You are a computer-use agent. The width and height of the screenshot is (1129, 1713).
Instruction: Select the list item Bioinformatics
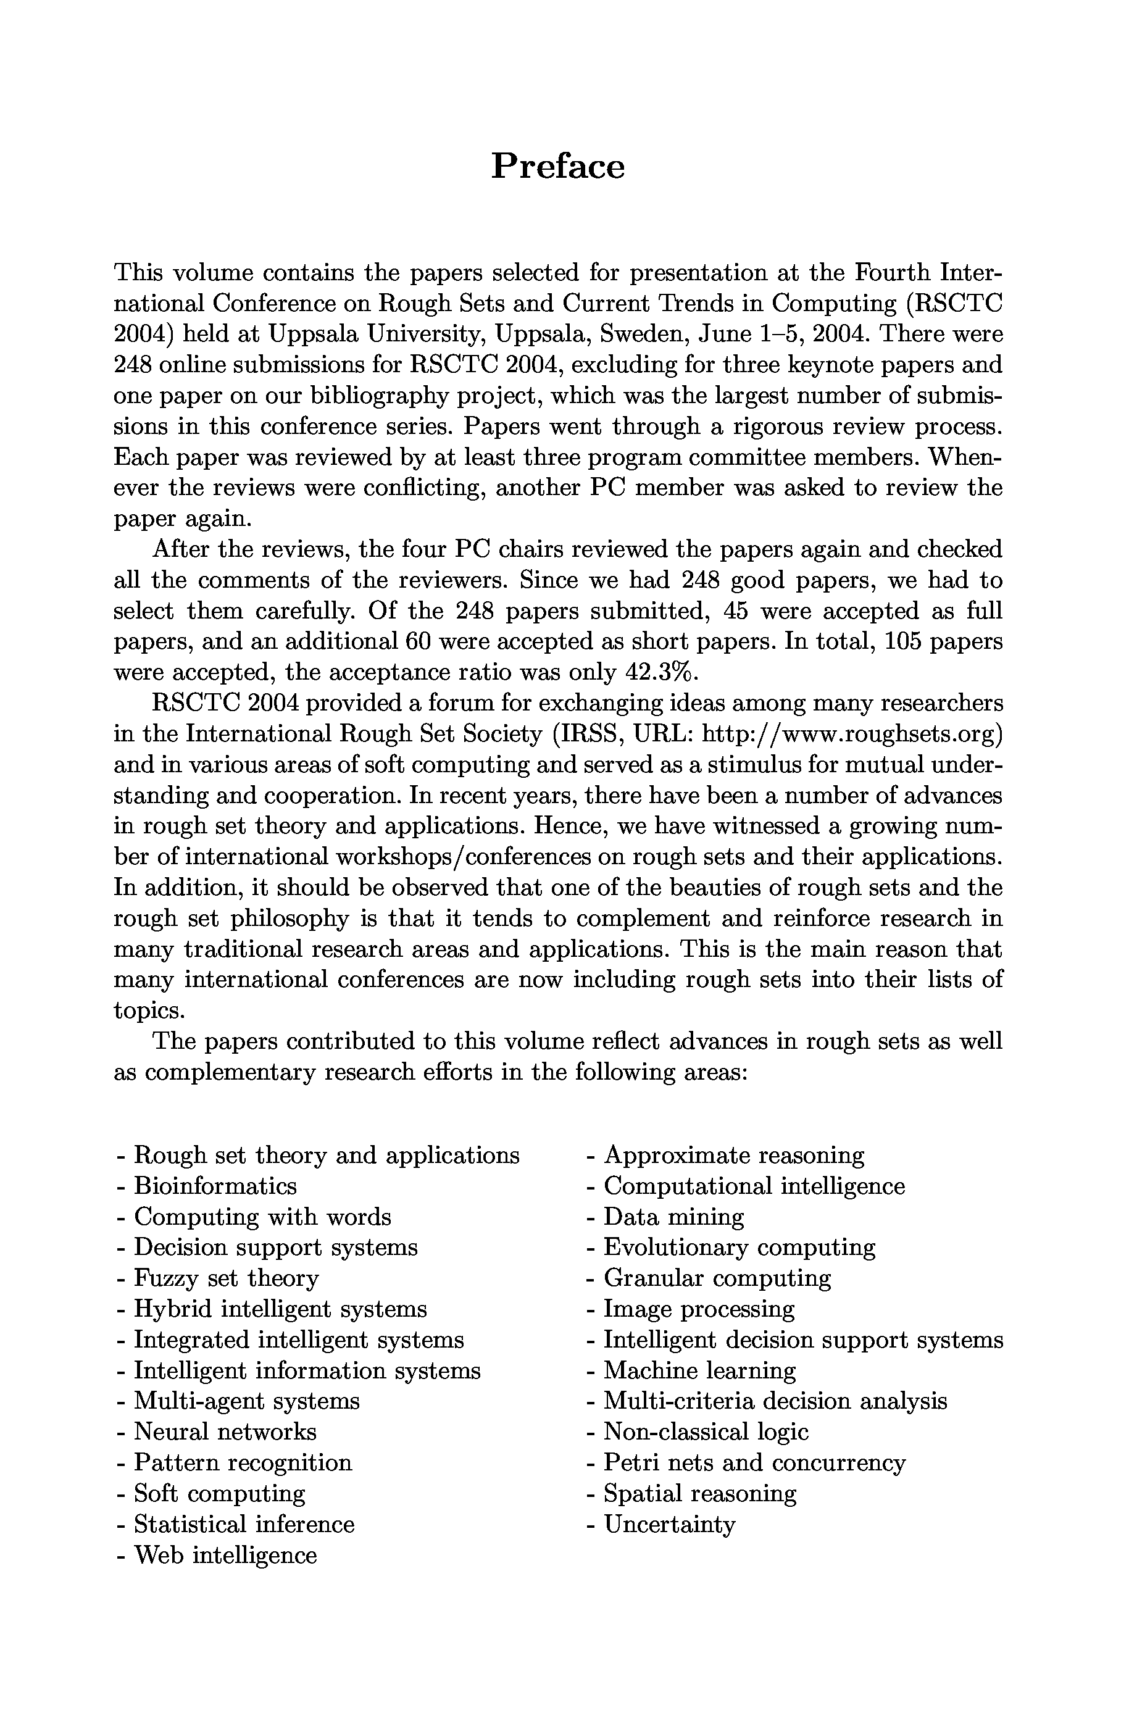[x=215, y=1186]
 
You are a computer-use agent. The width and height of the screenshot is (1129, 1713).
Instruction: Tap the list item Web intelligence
[x=225, y=1556]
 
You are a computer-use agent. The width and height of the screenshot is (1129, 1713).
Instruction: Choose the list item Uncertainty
[x=670, y=1524]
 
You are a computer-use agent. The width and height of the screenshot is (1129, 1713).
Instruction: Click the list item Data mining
[x=673, y=1217]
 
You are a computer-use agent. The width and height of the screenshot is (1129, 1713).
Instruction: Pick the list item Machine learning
[x=699, y=1370]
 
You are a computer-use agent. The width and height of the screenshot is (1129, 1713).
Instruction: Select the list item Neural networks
[x=225, y=1432]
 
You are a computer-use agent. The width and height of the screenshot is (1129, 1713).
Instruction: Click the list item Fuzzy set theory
[x=226, y=1278]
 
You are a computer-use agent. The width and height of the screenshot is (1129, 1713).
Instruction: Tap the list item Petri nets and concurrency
[x=754, y=1462]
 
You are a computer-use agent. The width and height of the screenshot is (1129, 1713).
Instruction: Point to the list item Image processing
[x=698, y=1309]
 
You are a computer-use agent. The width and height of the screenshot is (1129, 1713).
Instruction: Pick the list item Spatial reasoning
[x=700, y=1493]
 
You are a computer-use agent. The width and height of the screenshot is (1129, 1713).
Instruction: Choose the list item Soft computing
[x=220, y=1493]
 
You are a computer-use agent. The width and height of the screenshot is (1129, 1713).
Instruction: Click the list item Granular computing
[x=717, y=1278]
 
